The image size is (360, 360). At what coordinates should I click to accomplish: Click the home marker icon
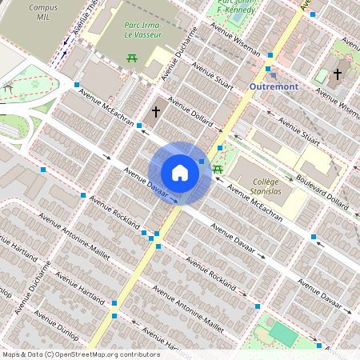pos(180,173)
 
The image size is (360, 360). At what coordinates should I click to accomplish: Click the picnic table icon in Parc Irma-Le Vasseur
pos(130,57)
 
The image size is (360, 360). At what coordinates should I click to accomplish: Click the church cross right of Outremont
pos(338,74)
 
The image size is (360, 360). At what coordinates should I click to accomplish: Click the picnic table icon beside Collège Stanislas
pos(217,169)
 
